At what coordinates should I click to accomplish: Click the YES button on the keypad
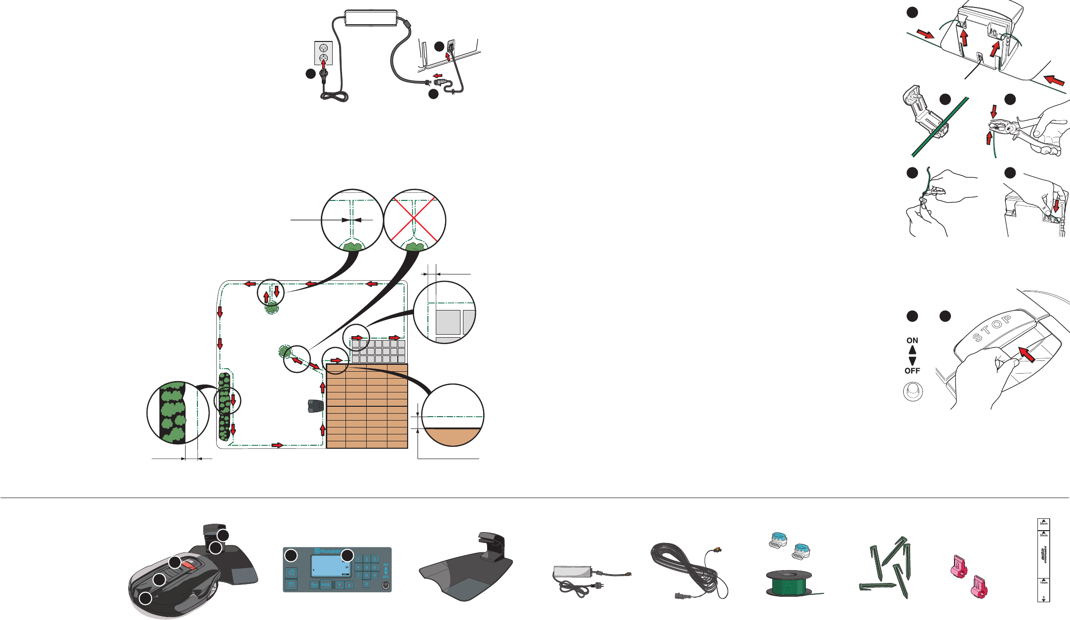[325, 585]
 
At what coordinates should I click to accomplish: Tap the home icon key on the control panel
[292, 573]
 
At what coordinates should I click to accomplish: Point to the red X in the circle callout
[415, 220]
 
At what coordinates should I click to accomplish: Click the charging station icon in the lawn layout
[314, 406]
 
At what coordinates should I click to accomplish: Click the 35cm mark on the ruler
[1043, 523]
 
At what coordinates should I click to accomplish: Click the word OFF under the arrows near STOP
[912, 371]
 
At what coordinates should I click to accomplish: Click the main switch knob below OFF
[913, 392]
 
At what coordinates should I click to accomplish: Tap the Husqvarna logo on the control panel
[329, 551]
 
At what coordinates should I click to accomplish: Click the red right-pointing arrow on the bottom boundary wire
[277, 445]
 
